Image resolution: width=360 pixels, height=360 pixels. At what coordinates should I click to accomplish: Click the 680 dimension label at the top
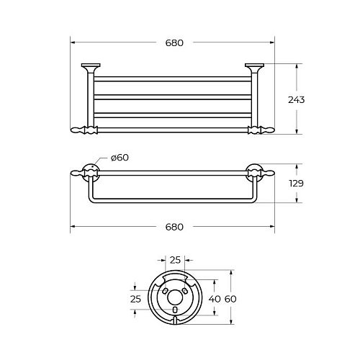[x=174, y=43]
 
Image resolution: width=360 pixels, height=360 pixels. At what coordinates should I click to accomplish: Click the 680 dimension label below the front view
[x=174, y=227]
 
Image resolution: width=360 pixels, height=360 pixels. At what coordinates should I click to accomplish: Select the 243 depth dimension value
[x=297, y=99]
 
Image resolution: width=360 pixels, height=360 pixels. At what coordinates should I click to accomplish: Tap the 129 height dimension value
[x=296, y=184]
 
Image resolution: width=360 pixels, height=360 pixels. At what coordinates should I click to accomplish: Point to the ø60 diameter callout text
[x=120, y=158]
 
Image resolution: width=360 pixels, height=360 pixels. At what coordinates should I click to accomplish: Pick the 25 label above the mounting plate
[x=175, y=260]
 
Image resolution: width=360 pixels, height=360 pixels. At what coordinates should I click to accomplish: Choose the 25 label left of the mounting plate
[x=135, y=299]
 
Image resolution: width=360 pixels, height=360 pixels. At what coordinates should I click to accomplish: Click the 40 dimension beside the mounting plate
[x=215, y=299]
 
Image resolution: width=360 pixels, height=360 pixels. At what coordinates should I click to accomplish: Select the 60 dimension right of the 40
[x=230, y=299]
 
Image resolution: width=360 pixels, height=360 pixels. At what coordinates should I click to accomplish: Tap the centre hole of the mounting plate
[x=175, y=297]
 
